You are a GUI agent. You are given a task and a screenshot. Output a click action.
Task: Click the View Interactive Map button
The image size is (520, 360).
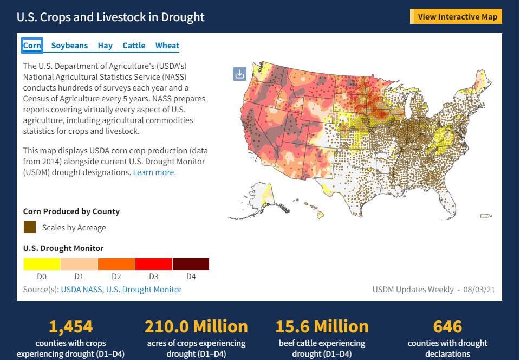click(x=457, y=17)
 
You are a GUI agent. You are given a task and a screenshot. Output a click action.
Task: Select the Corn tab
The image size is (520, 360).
click(x=32, y=46)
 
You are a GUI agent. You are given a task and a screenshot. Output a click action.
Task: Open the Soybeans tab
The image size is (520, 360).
click(x=69, y=46)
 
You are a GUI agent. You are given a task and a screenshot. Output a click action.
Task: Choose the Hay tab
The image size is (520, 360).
click(x=105, y=46)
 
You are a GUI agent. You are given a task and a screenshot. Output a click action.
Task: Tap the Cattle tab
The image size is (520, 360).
click(x=134, y=46)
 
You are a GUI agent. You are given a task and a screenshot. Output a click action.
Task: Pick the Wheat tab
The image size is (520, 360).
click(x=167, y=46)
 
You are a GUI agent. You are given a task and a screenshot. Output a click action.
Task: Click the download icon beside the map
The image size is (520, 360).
click(x=239, y=74)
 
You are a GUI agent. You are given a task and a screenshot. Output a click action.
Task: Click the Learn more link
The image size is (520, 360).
click(x=154, y=172)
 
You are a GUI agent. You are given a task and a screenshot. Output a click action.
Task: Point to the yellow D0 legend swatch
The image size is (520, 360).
click(x=42, y=264)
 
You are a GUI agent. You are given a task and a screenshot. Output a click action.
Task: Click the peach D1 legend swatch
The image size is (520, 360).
click(x=79, y=264)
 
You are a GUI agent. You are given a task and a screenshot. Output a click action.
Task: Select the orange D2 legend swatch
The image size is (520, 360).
click(x=116, y=264)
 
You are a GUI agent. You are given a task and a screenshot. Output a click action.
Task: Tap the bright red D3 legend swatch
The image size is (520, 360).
click(x=154, y=264)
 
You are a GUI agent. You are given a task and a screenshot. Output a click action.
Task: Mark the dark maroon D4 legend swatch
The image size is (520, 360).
click(x=191, y=264)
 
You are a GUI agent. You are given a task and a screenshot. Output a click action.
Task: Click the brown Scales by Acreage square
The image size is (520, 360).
click(x=30, y=227)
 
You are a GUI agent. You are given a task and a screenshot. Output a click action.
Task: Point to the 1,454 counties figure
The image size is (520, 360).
click(x=71, y=326)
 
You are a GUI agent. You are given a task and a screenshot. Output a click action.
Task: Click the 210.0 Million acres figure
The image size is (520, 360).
click(x=196, y=326)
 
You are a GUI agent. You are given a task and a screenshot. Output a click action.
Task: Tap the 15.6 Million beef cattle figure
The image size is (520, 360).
click(x=322, y=326)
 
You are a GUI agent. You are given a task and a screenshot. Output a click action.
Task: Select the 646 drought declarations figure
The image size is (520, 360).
click(x=447, y=326)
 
